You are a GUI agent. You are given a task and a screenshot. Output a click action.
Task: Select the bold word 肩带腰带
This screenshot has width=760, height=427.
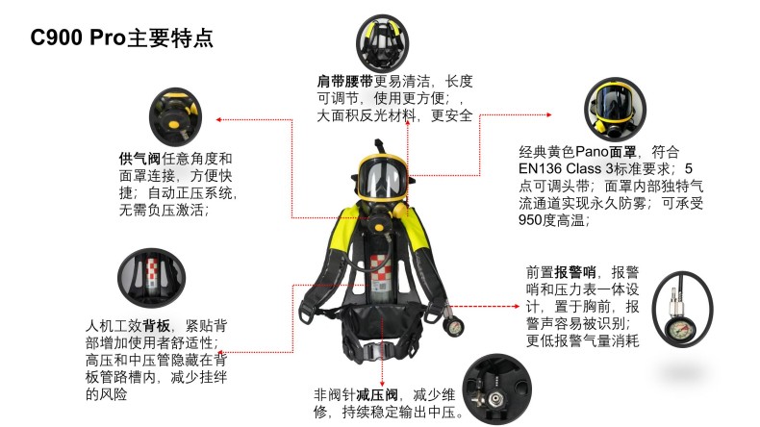347,81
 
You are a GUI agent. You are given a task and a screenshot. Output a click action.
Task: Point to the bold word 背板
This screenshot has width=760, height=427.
185,326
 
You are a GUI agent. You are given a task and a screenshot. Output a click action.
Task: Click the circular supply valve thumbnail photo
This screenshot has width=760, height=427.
179,118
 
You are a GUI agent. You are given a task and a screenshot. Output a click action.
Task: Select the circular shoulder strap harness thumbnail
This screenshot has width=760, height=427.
382,38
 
